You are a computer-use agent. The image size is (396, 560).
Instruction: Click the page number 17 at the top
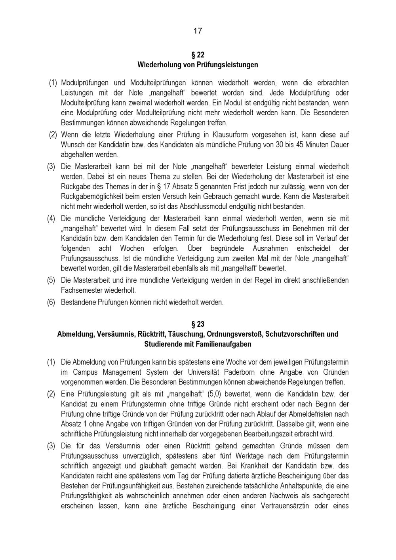coord(198,31)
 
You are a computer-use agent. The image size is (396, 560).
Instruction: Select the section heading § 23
coord(198,324)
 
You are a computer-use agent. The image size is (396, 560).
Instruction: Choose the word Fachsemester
coord(80,290)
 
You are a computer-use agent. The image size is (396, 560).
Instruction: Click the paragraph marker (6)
coord(51,302)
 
